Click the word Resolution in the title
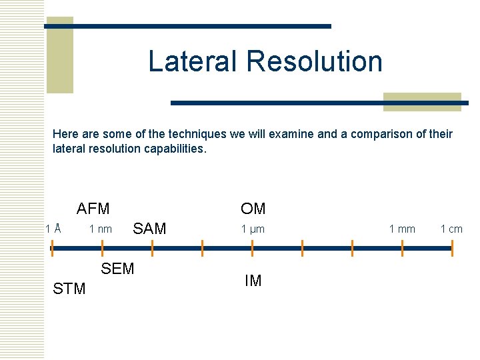coord(314,61)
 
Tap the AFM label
coord(93,209)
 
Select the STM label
coord(69,289)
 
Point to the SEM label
coord(117,269)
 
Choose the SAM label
coord(150,229)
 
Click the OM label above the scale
coord(253,209)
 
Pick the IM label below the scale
coord(253,281)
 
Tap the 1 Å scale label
coord(54,229)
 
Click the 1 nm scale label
coord(101,229)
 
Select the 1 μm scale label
coord(253,229)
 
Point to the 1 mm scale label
coord(402,229)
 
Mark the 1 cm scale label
coord(451,229)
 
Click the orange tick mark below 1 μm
coord(252,248)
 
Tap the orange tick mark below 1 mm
coord(402,248)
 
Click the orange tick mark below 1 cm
coord(452,248)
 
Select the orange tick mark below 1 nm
coord(102,248)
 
